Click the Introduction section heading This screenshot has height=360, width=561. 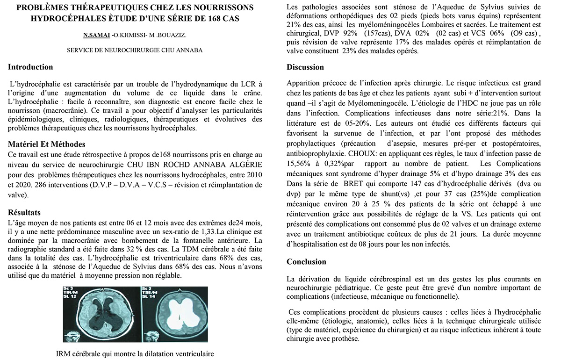(30, 67)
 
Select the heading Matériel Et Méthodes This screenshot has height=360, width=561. (46, 144)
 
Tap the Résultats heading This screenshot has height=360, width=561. (24, 213)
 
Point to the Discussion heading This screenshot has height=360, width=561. (305, 67)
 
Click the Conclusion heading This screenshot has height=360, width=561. (306, 262)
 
